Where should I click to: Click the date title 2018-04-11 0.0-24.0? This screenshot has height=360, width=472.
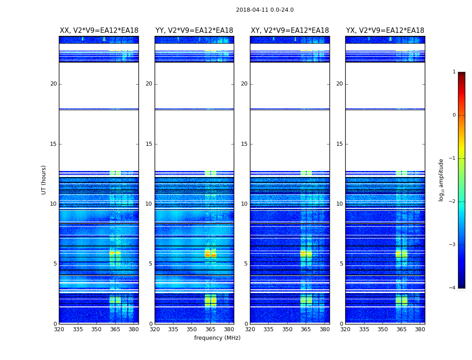pyautogui.click(x=265, y=10)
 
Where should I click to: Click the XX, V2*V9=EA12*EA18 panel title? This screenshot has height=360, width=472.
pyautogui.click(x=99, y=31)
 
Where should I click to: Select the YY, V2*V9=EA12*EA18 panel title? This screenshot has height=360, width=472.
pyautogui.click(x=194, y=31)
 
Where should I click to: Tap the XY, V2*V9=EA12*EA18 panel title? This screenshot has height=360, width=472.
pyautogui.click(x=290, y=31)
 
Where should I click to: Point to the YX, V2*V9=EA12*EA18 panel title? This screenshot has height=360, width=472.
pyautogui.click(x=385, y=31)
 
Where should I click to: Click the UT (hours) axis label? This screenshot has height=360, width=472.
pyautogui.click(x=44, y=180)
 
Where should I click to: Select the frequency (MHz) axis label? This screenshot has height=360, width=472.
pyautogui.click(x=217, y=338)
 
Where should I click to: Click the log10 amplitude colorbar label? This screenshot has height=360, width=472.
pyautogui.click(x=441, y=180)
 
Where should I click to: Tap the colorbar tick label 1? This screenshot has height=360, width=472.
pyautogui.click(x=454, y=72)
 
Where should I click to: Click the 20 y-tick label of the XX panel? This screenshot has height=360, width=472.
pyautogui.click(x=53, y=84)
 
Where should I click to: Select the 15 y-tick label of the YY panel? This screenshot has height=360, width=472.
pyautogui.click(x=149, y=144)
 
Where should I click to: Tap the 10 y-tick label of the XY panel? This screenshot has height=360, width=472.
pyautogui.click(x=244, y=204)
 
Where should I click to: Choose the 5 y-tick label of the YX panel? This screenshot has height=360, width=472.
pyautogui.click(x=341, y=264)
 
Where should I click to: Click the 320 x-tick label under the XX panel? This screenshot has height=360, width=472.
pyautogui.click(x=59, y=329)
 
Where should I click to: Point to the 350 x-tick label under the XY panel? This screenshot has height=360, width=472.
pyautogui.click(x=287, y=329)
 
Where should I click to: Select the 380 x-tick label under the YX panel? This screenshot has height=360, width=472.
pyautogui.click(x=420, y=329)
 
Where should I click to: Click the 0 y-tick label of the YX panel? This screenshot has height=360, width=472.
pyautogui.click(x=341, y=324)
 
